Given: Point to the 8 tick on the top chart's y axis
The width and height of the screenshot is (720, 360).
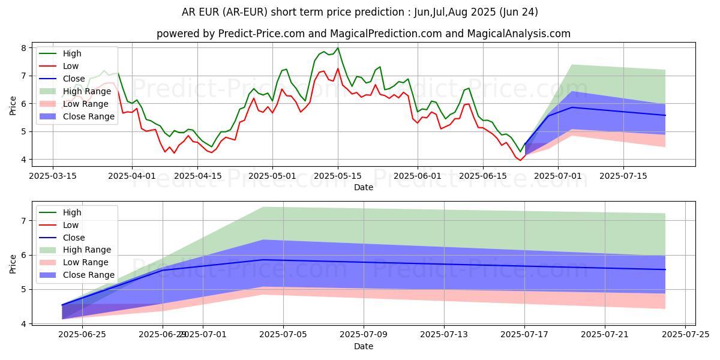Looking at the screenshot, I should pos(23,48).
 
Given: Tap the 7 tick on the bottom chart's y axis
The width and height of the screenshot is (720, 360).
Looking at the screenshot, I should pos(23,221).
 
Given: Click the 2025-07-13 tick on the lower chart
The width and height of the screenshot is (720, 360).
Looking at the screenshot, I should pos(444,334).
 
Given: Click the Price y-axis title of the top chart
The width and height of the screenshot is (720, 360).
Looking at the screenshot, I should pos(13,104).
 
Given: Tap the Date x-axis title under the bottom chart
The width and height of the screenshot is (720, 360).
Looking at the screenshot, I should pos(364,346).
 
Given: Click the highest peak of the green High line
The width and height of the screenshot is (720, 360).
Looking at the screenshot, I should pos(337,48).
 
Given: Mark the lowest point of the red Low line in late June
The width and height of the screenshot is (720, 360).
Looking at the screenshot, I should pos(520,160).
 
